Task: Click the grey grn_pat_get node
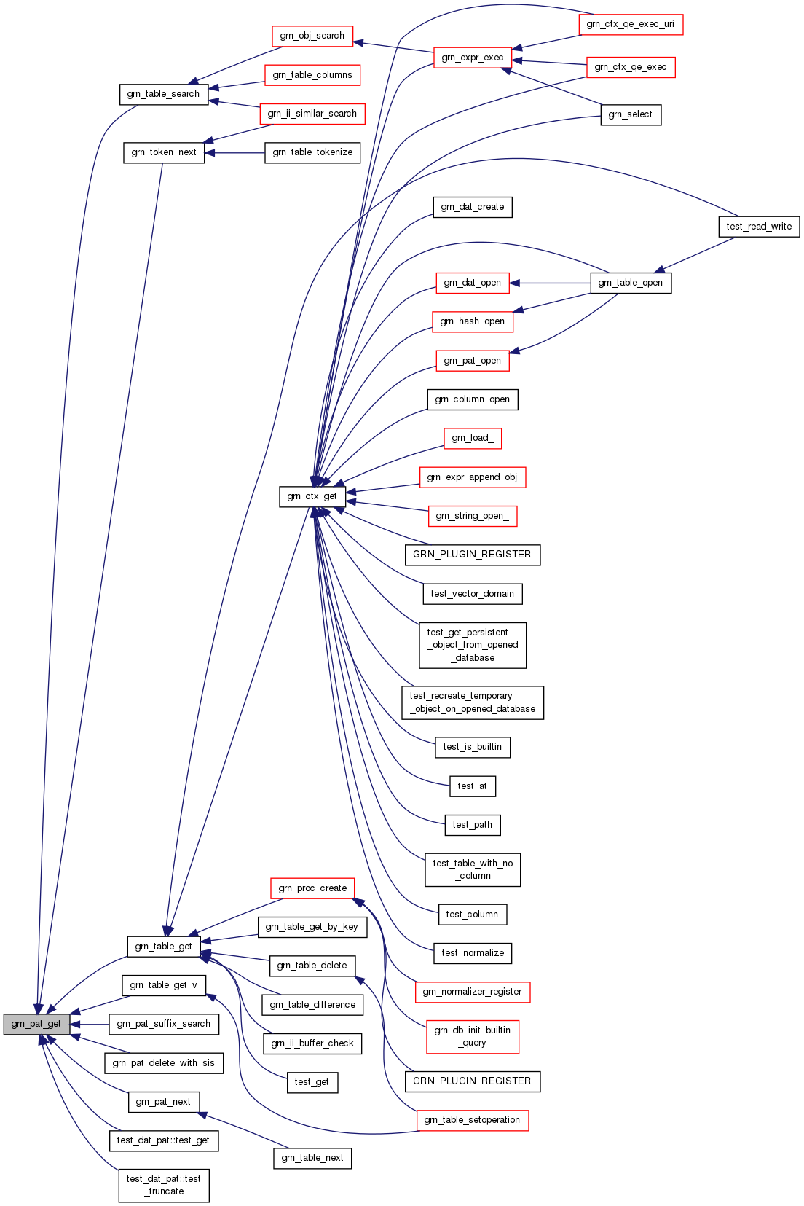click(x=36, y=1024)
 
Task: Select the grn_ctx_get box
click(x=312, y=496)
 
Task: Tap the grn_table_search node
click(x=163, y=94)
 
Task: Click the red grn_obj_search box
click(x=312, y=36)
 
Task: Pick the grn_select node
click(x=630, y=114)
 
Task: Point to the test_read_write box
click(x=759, y=227)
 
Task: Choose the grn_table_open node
click(x=630, y=283)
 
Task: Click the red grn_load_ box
click(x=472, y=438)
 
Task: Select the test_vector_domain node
click(x=472, y=594)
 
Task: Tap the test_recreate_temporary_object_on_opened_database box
click(x=472, y=702)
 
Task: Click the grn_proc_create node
click(x=312, y=888)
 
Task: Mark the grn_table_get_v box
click(x=163, y=985)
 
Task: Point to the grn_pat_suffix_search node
click(x=163, y=1024)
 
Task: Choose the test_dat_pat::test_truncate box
click(x=164, y=1185)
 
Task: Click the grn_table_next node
click(x=312, y=1158)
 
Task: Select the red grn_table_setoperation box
click(x=472, y=1120)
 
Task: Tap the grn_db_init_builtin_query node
click(x=472, y=1036)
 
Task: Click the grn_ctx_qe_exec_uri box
click(x=630, y=24)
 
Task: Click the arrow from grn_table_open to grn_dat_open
click(x=550, y=283)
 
